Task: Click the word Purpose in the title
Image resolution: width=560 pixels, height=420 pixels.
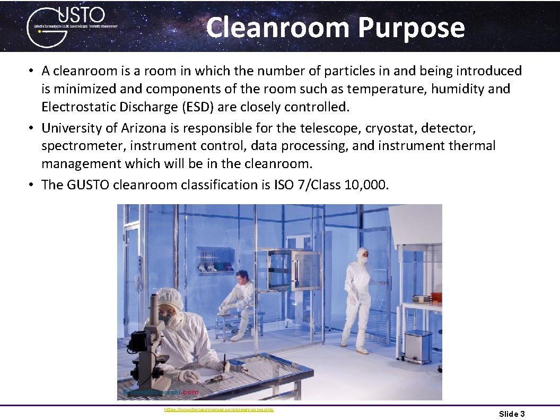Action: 411,28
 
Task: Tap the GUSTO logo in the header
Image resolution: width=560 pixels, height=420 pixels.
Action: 69,27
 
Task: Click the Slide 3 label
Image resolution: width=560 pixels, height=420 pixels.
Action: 512,414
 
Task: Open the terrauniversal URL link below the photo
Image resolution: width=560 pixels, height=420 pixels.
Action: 219,410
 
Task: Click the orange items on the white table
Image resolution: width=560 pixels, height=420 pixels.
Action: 436,296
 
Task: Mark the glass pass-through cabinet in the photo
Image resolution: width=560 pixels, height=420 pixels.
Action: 293,270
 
